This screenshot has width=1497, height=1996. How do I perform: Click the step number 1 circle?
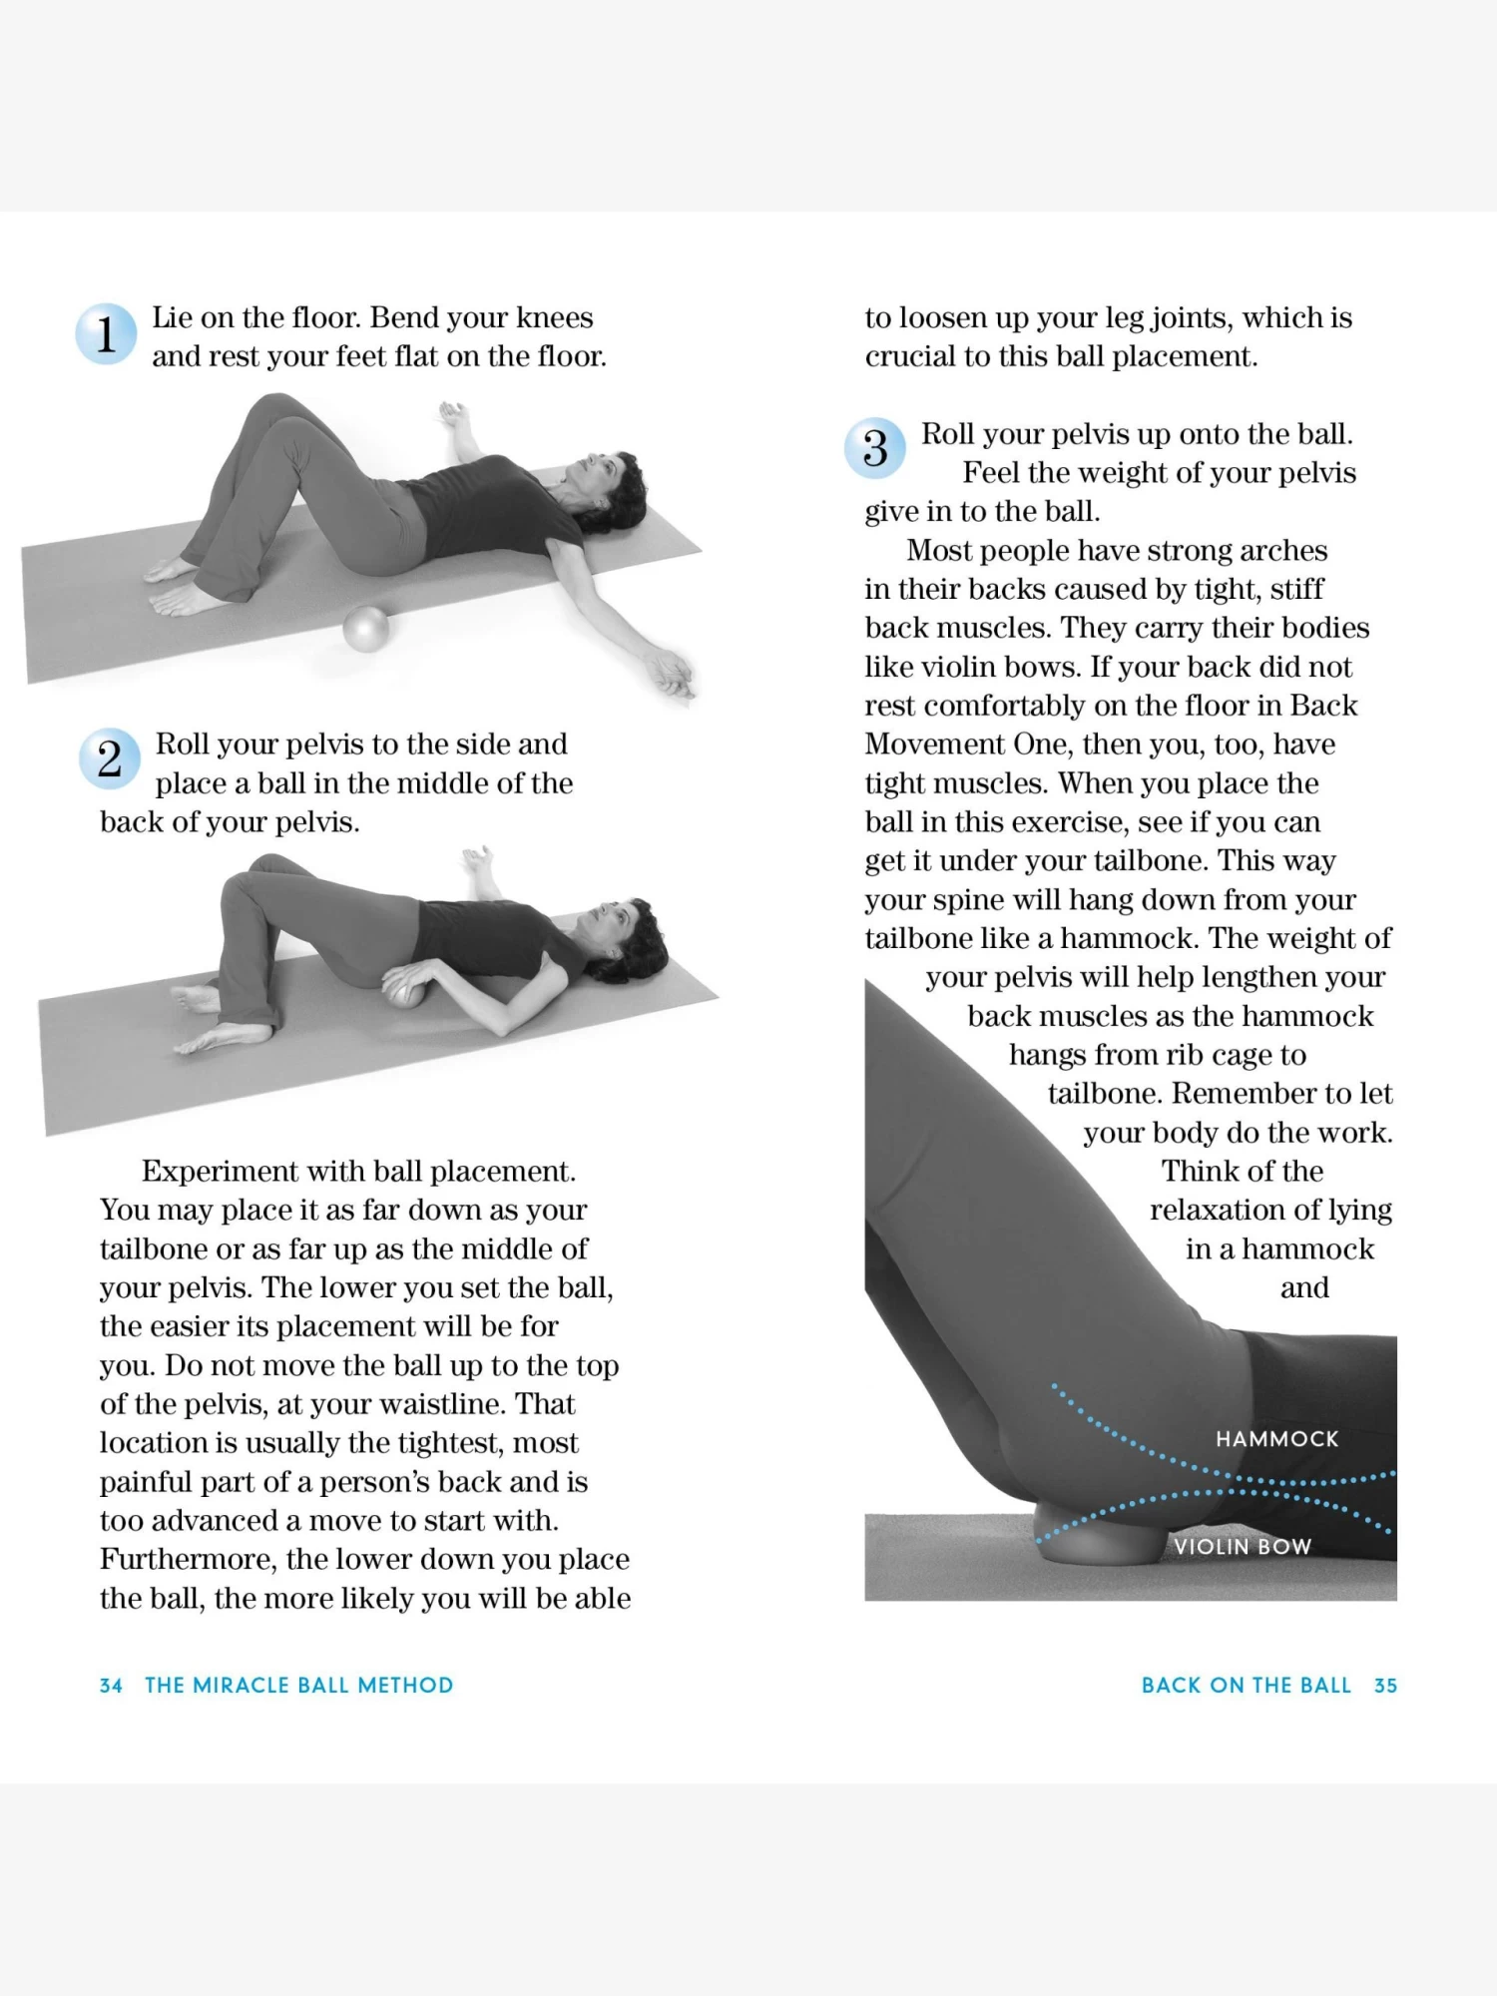click(x=106, y=333)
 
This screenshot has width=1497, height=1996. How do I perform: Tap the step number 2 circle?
click(x=109, y=759)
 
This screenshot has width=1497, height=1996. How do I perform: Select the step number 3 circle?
click(x=874, y=448)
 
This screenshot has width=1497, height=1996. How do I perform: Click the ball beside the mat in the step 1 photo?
click(x=365, y=630)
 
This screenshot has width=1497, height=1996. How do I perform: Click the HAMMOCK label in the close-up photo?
click(x=1276, y=1439)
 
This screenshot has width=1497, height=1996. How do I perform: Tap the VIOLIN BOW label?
click(x=1242, y=1547)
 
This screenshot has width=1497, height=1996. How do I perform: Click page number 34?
click(x=111, y=1686)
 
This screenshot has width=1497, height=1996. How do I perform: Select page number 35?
click(x=1385, y=1686)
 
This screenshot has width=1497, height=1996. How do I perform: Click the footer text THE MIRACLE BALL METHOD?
click(x=298, y=1686)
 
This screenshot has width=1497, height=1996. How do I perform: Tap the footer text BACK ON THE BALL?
click(x=1246, y=1686)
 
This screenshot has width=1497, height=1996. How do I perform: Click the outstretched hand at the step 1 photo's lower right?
click(x=672, y=675)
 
